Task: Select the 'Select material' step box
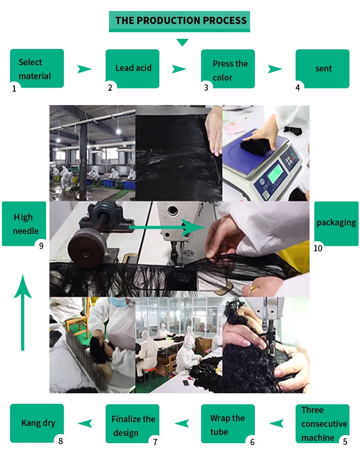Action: (x=37, y=69)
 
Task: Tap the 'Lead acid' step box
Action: (x=132, y=68)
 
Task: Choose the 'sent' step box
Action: (x=323, y=69)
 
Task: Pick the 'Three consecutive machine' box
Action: (x=323, y=423)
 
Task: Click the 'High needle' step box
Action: (x=25, y=224)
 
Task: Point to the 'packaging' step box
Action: (x=336, y=223)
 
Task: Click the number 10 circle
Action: (x=318, y=247)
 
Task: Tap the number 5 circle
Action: (x=345, y=442)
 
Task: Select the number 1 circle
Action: (x=14, y=88)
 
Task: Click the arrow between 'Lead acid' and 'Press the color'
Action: (x=179, y=69)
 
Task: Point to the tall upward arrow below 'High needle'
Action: (x=23, y=312)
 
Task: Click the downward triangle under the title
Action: (x=182, y=43)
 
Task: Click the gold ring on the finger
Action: (x=252, y=289)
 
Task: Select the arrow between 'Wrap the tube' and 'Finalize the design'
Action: (x=181, y=423)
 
